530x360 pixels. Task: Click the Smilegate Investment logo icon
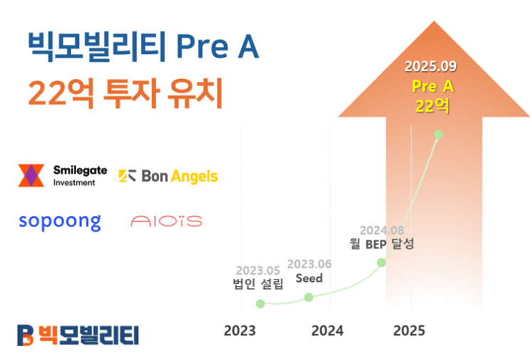(31, 176)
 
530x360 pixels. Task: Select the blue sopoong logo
(60, 221)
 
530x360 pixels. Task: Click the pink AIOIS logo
(166, 221)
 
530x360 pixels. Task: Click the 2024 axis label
(327, 331)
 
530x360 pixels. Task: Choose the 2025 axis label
(409, 331)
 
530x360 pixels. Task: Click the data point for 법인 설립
(260, 304)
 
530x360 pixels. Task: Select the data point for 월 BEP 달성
(381, 262)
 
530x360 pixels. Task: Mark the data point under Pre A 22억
(438, 134)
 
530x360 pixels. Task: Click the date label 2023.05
(258, 270)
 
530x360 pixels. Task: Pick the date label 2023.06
(310, 263)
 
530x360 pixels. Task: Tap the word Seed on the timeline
(309, 278)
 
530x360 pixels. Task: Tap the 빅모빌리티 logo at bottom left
(78, 334)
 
